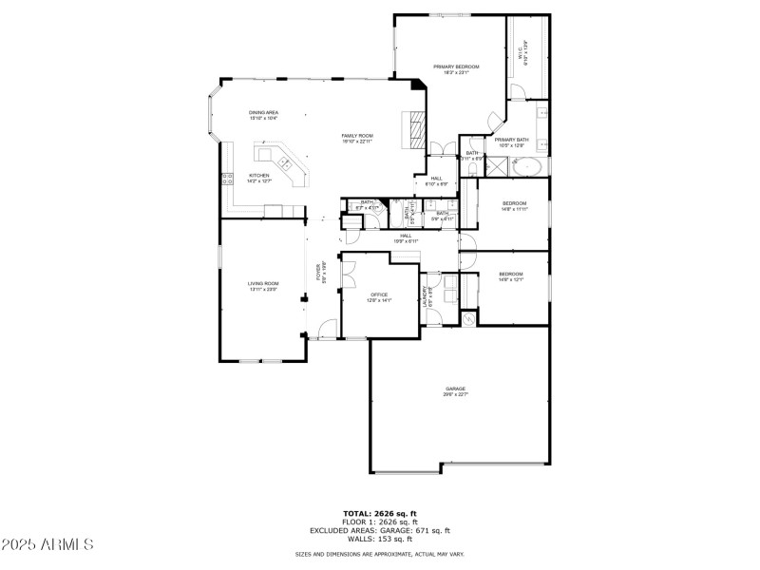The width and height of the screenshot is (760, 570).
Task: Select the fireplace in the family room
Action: point(414,128)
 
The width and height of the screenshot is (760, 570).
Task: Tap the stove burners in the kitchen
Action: point(228,178)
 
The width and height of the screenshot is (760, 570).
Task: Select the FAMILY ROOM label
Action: point(357,138)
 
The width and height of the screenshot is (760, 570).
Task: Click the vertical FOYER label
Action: point(322,273)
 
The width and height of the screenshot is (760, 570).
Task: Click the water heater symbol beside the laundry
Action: point(468,319)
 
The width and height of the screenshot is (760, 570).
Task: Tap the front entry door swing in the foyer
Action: point(328,329)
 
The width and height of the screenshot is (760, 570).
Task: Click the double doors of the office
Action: point(349,275)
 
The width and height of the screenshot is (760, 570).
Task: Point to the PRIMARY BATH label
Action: point(511,142)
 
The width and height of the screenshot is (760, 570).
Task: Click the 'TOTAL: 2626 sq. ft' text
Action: point(380,513)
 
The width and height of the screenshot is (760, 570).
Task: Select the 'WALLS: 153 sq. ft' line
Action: point(380,539)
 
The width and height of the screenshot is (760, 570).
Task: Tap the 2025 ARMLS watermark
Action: point(47,544)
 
